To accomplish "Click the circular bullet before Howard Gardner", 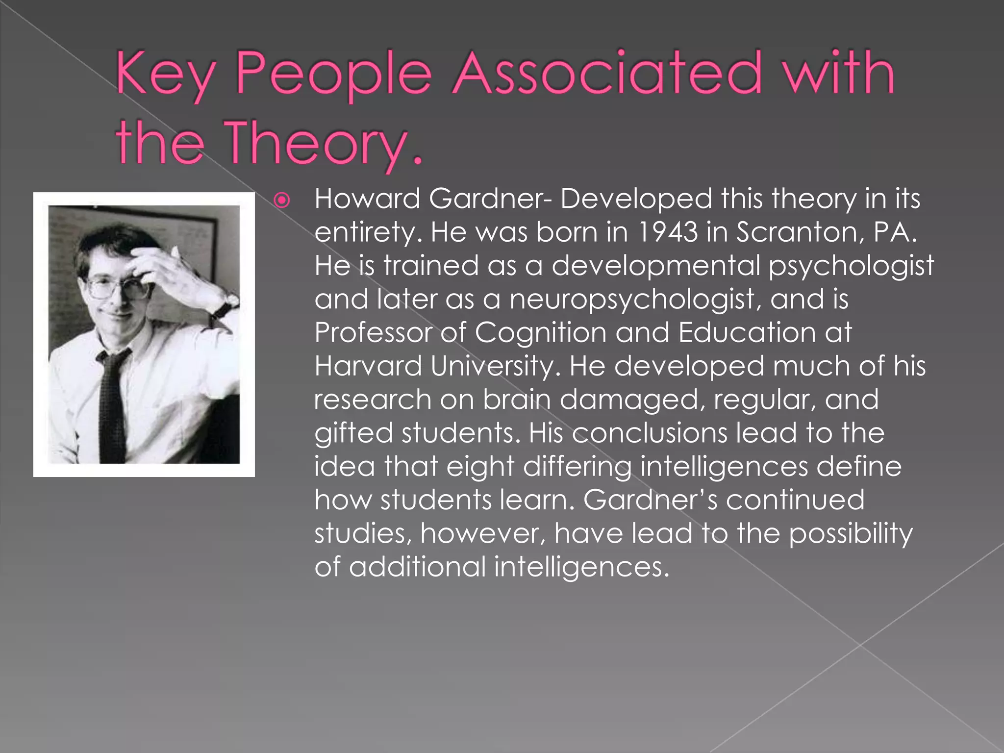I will (282, 201).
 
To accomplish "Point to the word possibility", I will (851, 533).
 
